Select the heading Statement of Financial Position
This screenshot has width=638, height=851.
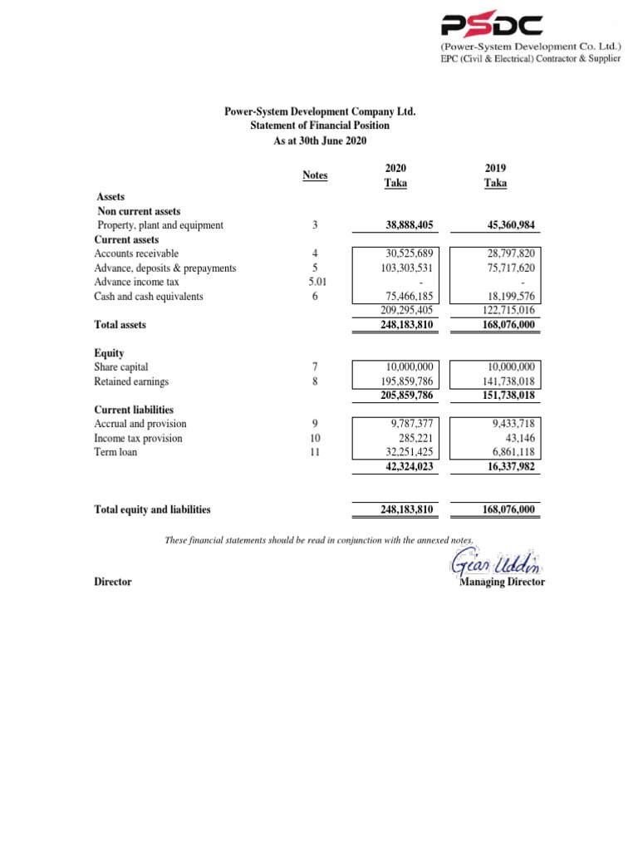(320, 125)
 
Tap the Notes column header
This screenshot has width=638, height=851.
(315, 175)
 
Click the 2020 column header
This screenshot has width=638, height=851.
(395, 175)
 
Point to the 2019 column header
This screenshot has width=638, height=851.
(495, 175)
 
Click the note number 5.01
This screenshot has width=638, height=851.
(315, 283)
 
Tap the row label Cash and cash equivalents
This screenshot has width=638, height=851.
(149, 297)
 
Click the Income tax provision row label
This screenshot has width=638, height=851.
(138, 438)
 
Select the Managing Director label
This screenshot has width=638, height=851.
(502, 583)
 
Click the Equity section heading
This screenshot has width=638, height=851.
(109, 352)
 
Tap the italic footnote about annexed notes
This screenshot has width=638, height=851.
(319, 541)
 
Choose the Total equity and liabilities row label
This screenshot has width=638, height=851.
(152, 509)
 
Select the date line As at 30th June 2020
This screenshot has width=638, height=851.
(320, 140)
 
